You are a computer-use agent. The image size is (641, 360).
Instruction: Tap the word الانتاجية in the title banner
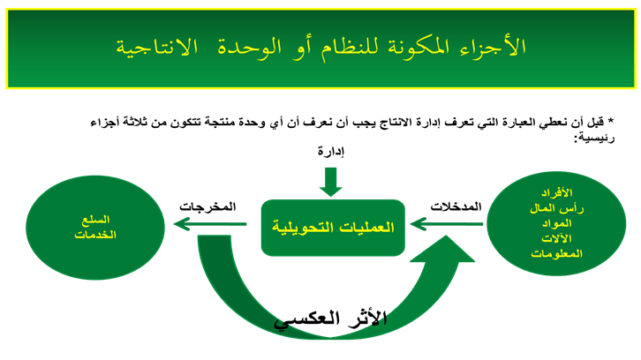(x=157, y=48)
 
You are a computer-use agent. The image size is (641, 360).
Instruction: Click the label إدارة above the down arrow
(x=331, y=152)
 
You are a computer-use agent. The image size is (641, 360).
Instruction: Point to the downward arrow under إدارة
(x=331, y=182)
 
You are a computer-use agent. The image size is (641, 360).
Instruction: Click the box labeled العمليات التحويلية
(x=333, y=228)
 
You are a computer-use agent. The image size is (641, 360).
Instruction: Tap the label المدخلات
(x=456, y=206)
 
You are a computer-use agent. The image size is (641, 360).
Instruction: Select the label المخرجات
(x=207, y=206)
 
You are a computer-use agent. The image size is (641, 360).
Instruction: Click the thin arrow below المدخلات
(x=446, y=224)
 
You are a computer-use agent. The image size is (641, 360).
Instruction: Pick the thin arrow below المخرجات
(x=210, y=224)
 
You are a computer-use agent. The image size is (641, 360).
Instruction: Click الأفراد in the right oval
(x=557, y=192)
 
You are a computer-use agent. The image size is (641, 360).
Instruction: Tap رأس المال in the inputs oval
(x=557, y=208)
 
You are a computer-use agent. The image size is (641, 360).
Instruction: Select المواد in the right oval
(x=557, y=223)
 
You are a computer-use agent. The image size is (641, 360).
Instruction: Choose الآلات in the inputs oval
(x=557, y=238)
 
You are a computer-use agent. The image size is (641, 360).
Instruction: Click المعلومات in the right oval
(x=557, y=254)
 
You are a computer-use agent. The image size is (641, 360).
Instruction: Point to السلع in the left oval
(x=95, y=220)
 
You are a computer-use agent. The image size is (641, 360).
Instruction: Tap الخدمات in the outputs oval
(x=95, y=235)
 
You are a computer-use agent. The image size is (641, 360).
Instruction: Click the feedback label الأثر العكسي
(x=330, y=319)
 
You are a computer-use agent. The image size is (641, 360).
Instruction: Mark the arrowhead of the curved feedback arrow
(x=442, y=249)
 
